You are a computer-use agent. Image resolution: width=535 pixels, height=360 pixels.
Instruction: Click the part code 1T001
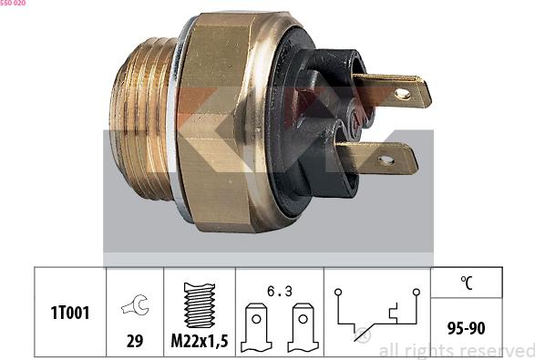(x=70, y=313)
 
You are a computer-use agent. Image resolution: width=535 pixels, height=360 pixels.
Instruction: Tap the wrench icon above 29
(x=136, y=304)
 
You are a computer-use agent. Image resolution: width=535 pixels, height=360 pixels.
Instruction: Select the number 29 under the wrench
(x=135, y=341)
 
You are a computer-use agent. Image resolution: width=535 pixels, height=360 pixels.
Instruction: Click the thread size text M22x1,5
(x=200, y=341)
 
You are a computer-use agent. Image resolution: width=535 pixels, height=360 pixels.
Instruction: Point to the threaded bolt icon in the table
(x=200, y=305)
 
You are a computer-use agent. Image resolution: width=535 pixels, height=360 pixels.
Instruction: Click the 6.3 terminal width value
(x=280, y=291)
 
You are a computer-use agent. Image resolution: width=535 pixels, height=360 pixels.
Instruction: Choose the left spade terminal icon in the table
(x=256, y=327)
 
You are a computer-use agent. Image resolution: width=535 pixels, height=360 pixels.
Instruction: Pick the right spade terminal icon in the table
(x=303, y=327)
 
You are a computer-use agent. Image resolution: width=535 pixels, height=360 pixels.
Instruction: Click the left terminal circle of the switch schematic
(x=338, y=293)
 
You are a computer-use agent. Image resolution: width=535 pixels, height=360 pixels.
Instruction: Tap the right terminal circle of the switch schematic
(x=417, y=293)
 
